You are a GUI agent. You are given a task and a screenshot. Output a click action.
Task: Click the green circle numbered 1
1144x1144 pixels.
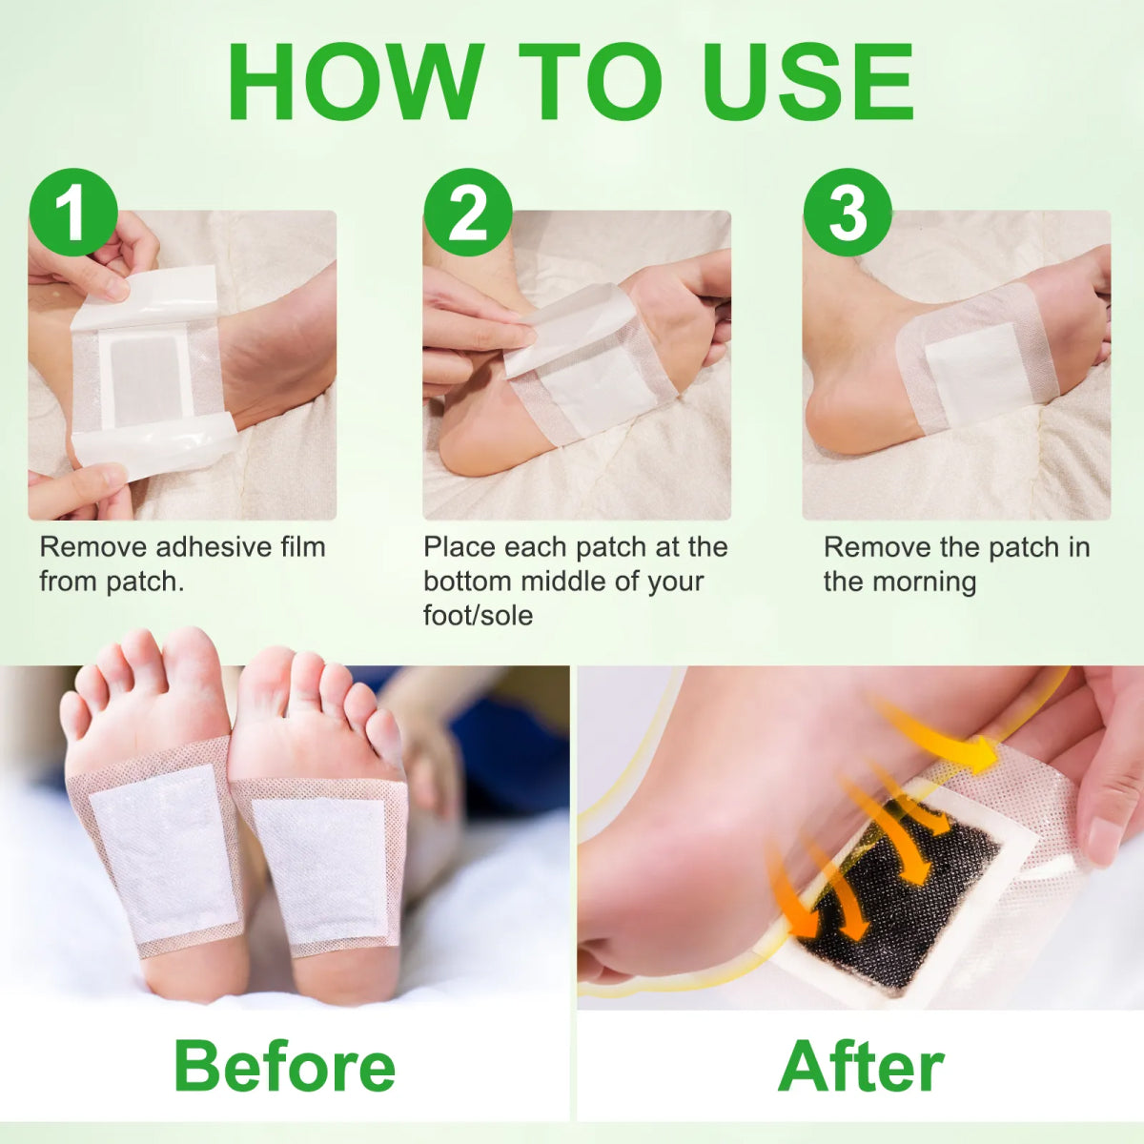(73, 212)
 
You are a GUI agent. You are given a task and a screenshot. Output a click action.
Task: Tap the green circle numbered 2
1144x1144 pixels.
(467, 212)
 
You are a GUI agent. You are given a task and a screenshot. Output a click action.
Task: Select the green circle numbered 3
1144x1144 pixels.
(848, 212)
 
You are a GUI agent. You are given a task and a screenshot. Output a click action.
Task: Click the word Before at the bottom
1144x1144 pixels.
(284, 1066)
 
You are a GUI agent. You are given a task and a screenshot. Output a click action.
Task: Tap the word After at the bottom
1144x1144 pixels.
(861, 1066)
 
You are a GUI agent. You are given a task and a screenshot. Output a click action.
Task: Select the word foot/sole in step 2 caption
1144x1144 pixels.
(478, 615)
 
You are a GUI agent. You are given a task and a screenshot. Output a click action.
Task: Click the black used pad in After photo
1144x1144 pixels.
(901, 896)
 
